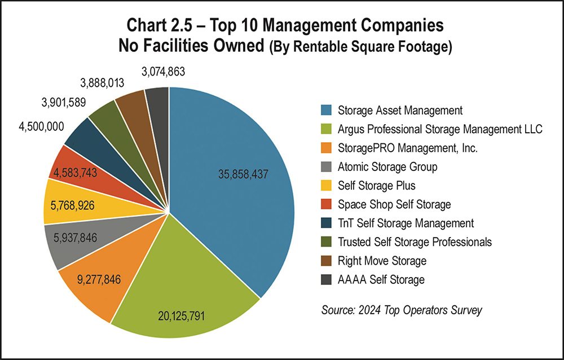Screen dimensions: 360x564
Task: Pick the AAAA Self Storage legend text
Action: click(x=381, y=279)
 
